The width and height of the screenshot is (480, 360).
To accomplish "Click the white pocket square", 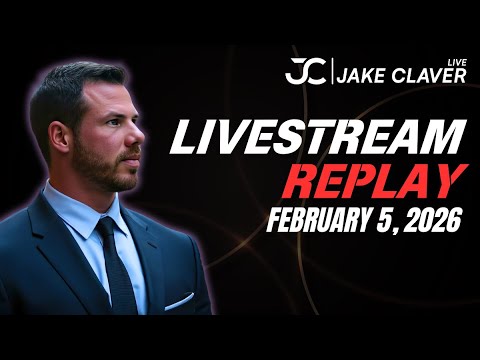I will point(180,300).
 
